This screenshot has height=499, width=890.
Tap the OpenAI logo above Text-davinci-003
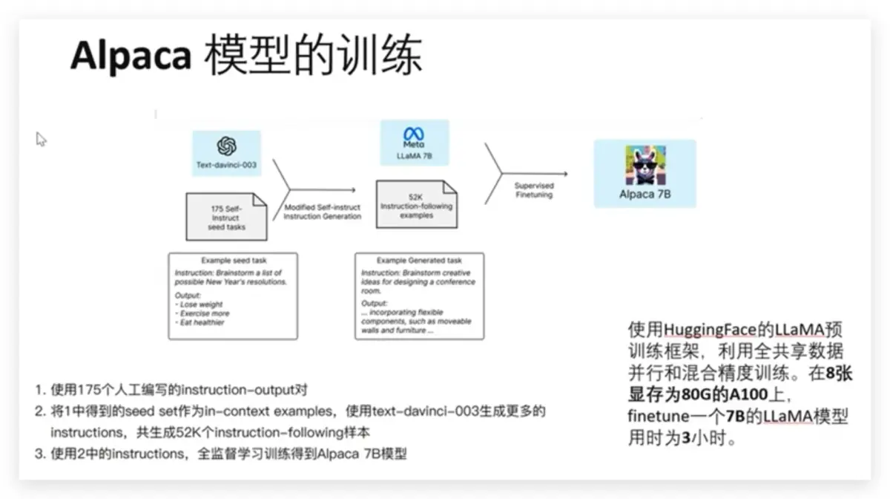click(226, 146)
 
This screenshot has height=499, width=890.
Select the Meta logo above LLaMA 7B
click(413, 135)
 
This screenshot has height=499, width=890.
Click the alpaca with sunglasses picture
click(645, 165)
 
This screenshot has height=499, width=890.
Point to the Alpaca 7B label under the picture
click(645, 195)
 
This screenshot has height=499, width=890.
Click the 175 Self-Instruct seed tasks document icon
click(226, 217)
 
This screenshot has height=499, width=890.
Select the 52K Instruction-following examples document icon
click(416, 204)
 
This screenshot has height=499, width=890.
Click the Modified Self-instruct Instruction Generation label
click(323, 212)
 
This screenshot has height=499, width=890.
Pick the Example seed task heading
click(233, 261)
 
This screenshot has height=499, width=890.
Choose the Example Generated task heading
click(419, 261)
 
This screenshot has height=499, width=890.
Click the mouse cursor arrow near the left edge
click(41, 138)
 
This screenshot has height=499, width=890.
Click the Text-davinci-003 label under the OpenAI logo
click(226, 165)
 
